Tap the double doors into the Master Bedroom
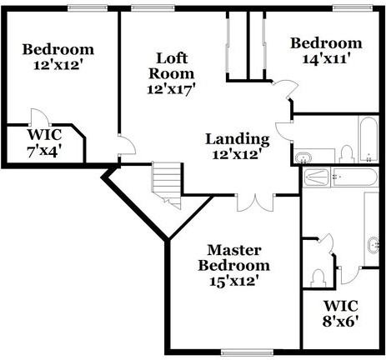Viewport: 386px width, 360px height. click(255, 202)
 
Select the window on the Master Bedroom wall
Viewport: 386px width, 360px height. click(248, 352)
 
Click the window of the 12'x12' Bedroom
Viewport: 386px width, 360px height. click(88, 8)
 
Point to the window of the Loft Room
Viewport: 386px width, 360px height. click(153, 8)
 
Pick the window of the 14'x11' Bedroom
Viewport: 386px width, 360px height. click(353, 8)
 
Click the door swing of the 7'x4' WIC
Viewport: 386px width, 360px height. click(40, 117)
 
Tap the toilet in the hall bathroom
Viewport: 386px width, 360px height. click(347, 155)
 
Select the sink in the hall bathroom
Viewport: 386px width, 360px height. click(303, 157)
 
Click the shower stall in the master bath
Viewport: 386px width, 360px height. click(316, 177)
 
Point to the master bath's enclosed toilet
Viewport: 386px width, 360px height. click(319, 277)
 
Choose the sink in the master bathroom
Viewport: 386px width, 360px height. click(373, 245)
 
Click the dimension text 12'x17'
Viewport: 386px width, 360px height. click(169, 89)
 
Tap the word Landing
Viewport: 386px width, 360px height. click(238, 139)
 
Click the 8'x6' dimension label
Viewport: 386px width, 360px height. click(340, 322)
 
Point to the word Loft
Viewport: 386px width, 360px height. click(172, 58)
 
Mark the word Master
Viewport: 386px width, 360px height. click(234, 250)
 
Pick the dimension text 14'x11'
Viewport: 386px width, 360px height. click(325, 59)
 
